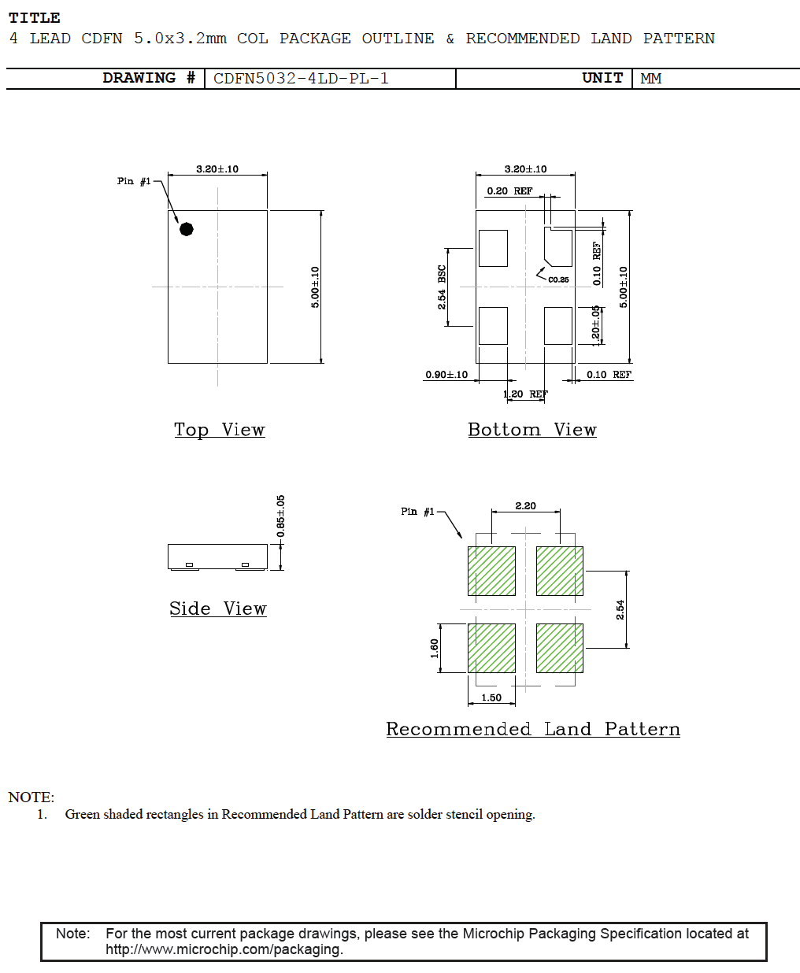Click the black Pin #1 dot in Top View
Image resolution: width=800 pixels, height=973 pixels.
[x=187, y=229]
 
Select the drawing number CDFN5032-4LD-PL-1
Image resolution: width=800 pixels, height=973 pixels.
[x=301, y=79]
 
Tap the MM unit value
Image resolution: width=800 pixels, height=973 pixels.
[x=650, y=79]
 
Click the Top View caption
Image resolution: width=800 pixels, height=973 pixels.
[x=219, y=430]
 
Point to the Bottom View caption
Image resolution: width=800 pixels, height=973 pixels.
[x=531, y=430]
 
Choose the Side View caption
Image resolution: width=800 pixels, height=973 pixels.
[x=217, y=609]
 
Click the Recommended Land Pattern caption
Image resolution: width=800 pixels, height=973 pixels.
[x=532, y=730]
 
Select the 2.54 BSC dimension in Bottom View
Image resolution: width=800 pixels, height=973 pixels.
[x=442, y=287]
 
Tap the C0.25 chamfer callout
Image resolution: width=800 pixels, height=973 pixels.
[x=558, y=279]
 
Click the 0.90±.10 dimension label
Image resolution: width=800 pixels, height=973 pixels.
[x=446, y=375]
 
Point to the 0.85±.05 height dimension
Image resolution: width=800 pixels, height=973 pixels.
[x=281, y=516]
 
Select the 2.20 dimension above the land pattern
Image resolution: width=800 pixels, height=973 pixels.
[x=525, y=506]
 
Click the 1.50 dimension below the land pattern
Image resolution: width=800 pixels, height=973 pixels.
[x=491, y=697]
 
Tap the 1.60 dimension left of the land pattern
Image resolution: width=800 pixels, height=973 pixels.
[x=435, y=648]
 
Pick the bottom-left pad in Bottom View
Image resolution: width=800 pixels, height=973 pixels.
[x=493, y=326]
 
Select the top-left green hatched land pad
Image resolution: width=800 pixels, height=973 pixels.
[x=491, y=571]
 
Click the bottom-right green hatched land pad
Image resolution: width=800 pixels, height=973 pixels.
[x=560, y=648]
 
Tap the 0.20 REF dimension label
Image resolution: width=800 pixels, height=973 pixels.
[x=509, y=191]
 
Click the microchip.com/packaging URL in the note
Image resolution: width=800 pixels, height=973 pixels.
[x=224, y=949]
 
